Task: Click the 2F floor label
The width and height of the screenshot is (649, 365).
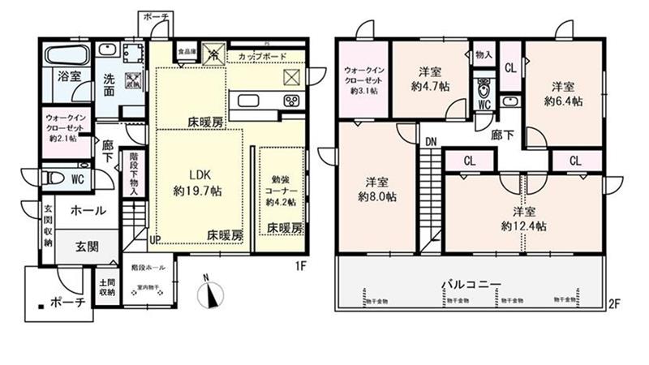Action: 614,304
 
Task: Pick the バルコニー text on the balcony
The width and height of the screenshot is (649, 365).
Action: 471,284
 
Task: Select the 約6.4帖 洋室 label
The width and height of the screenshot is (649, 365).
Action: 562,93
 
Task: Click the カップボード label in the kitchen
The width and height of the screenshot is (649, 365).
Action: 260,56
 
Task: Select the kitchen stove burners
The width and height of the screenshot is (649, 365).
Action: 290,101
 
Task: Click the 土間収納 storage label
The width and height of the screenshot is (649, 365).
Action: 106,286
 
